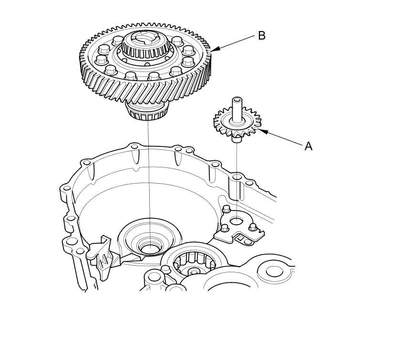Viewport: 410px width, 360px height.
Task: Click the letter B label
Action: (261, 36)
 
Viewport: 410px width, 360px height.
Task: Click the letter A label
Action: (308, 146)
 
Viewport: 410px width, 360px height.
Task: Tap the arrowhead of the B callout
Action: (213, 49)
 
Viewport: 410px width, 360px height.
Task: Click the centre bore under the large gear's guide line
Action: (150, 248)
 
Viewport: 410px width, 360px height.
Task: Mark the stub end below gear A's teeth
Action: (236, 139)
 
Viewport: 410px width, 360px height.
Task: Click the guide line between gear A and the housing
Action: (237, 162)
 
